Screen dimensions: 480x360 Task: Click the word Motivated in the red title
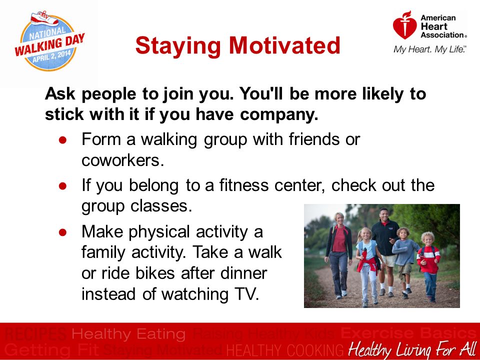[284, 45]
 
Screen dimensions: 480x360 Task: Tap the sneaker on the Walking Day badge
[44, 18]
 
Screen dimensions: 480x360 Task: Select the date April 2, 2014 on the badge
[51, 56]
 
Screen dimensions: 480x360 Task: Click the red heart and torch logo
[404, 25]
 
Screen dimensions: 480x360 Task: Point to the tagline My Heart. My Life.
[430, 49]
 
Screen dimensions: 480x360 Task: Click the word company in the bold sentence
[279, 115]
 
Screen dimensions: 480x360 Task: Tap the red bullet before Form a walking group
[63, 140]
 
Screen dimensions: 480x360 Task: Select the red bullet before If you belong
[63, 186]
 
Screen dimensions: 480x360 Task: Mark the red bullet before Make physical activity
[63, 232]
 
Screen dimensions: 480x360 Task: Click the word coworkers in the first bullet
[123, 160]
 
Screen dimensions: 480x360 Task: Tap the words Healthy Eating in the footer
[128, 334]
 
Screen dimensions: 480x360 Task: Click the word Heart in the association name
[434, 26]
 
